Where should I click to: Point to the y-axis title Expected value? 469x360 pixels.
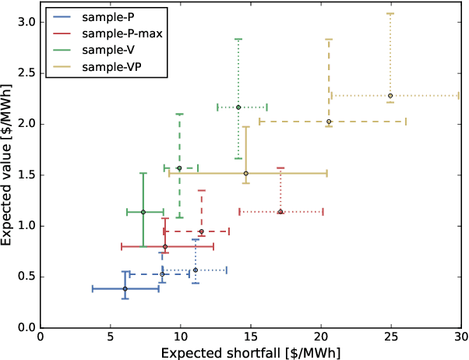tap(9, 168)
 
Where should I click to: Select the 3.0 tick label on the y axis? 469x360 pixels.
tap(26, 22)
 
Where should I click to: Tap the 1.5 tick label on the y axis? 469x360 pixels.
tap(26, 175)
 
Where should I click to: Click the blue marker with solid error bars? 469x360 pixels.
tap(125, 289)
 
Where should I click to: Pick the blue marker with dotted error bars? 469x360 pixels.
tap(196, 270)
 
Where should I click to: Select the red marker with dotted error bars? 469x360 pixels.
tap(280, 212)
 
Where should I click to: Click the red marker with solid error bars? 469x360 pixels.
tap(165, 247)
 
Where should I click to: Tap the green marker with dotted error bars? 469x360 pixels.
tap(238, 108)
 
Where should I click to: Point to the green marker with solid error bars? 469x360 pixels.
tap(143, 212)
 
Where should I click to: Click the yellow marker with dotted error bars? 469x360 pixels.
tap(390, 96)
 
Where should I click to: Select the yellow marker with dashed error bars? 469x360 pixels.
tap(329, 122)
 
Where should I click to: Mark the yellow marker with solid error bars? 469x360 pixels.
tap(245, 174)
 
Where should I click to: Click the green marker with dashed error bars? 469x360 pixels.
tap(179, 168)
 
